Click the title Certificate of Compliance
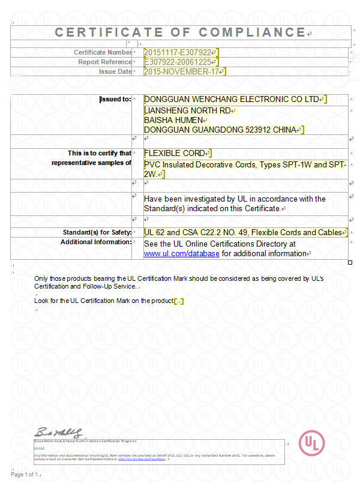click(180, 32)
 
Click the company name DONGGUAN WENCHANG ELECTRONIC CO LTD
click(231, 99)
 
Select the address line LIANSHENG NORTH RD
click(187, 110)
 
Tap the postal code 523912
click(260, 130)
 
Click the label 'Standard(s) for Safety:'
click(97, 232)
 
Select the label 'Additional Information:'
click(95, 242)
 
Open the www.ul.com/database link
click(182, 254)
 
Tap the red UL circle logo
click(312, 443)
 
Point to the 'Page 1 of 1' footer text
click(25, 475)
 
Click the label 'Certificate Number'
click(103, 52)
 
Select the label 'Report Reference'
click(104, 62)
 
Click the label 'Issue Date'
click(115, 71)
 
